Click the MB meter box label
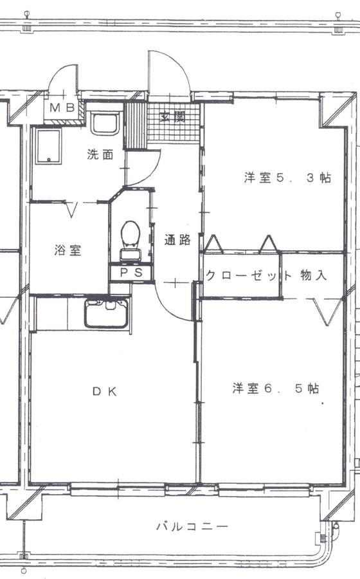(62, 107)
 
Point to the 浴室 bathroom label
(67, 251)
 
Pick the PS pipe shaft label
(130, 273)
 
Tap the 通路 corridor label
(177, 241)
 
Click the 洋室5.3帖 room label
(287, 178)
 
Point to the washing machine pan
(48, 146)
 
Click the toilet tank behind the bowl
(130, 253)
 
